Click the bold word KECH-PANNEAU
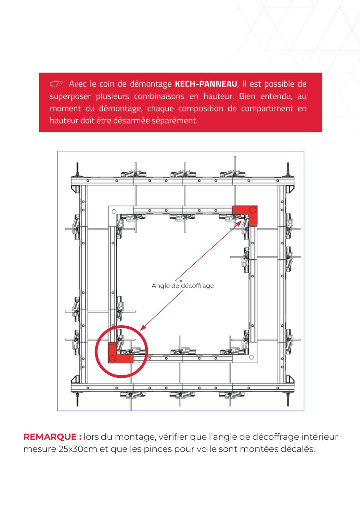[x=206, y=84]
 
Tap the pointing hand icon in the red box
[x=56, y=84]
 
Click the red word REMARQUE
[x=50, y=437]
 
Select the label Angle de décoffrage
[x=183, y=286]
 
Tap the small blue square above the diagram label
[x=181, y=281]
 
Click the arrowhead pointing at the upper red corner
[x=239, y=223]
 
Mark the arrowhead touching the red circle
[x=143, y=328]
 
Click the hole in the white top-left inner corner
[x=114, y=212]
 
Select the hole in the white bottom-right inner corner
[x=251, y=357]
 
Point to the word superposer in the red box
[x=70, y=96]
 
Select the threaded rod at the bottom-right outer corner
[x=288, y=399]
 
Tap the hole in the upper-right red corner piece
[x=253, y=210]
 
